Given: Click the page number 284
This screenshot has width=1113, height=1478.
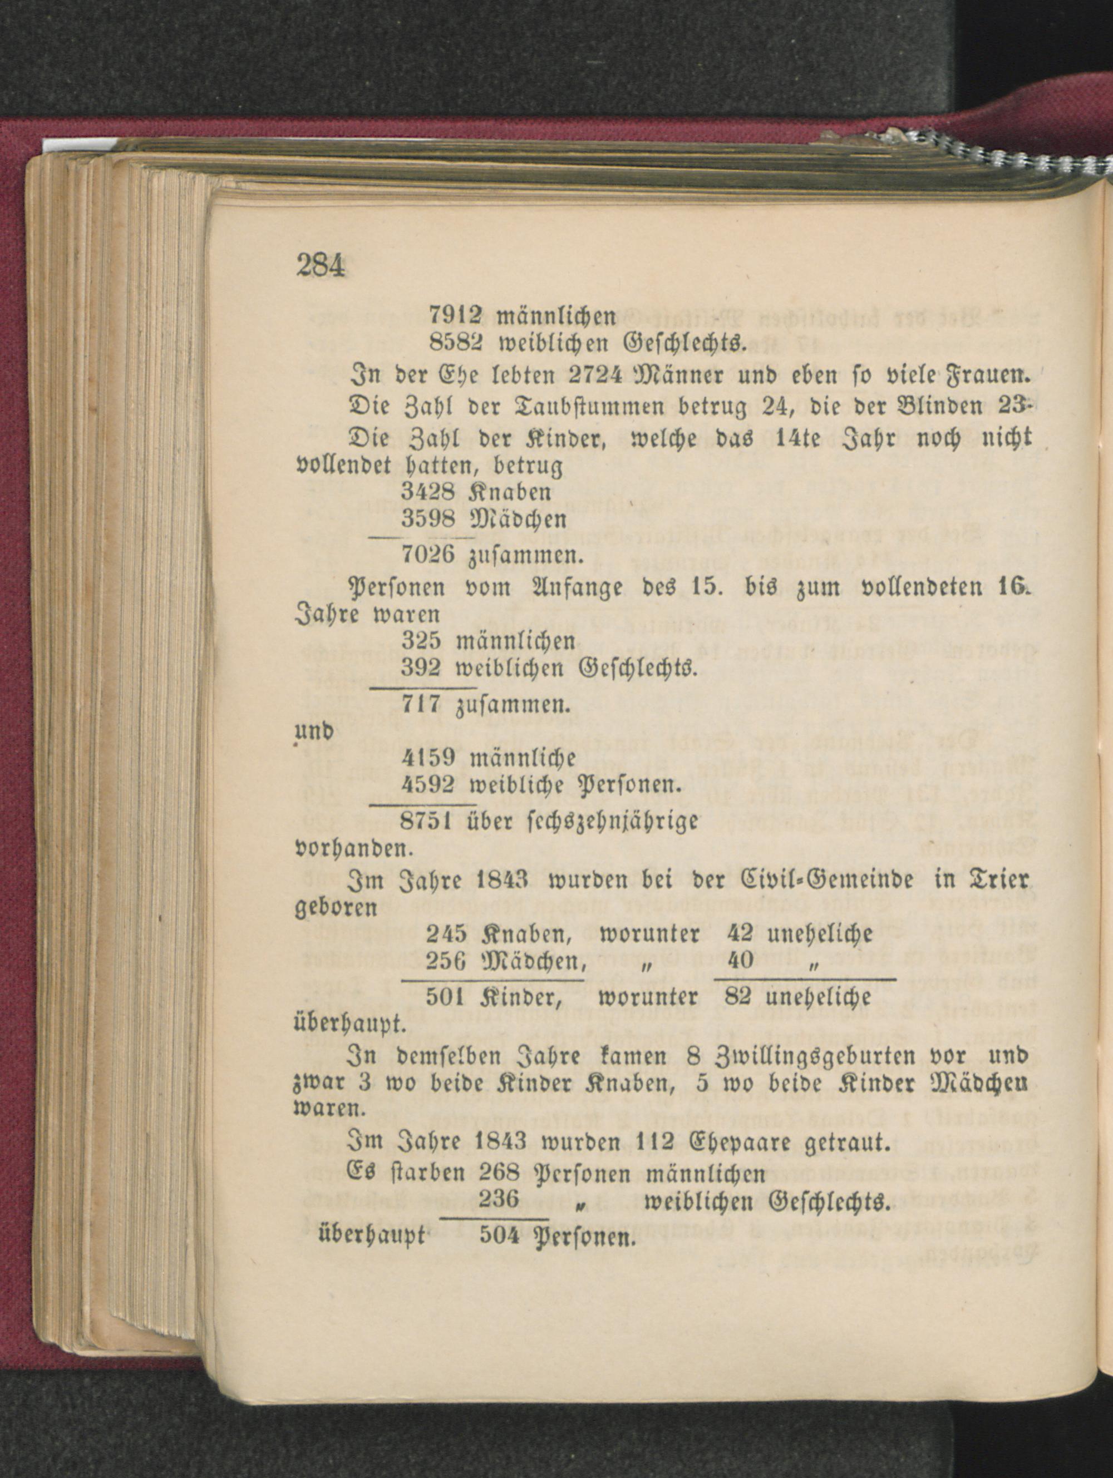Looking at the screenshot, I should [x=320, y=266].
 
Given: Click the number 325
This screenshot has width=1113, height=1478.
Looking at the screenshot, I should [x=421, y=641].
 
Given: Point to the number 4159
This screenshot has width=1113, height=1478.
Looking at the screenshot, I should [x=429, y=758].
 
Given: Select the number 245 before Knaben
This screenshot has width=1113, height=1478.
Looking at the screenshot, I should [x=446, y=933].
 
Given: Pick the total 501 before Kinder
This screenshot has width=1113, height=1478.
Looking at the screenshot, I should [x=446, y=997].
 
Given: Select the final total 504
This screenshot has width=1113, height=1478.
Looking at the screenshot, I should [x=499, y=1236].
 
